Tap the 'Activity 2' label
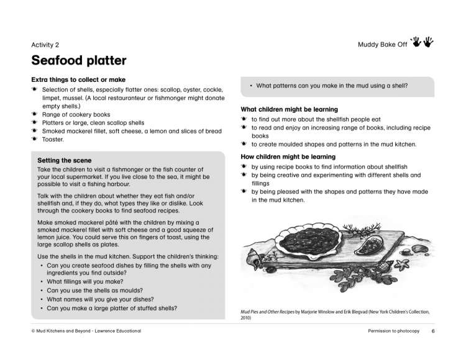(45, 45)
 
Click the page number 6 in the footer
(433, 331)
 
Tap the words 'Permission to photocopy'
(393, 331)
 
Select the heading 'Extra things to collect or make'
(78, 79)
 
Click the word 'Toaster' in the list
(53, 140)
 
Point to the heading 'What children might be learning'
(289, 109)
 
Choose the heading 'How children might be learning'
(288, 157)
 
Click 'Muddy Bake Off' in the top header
(382, 45)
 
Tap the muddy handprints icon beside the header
(422, 42)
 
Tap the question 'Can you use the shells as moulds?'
(95, 290)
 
